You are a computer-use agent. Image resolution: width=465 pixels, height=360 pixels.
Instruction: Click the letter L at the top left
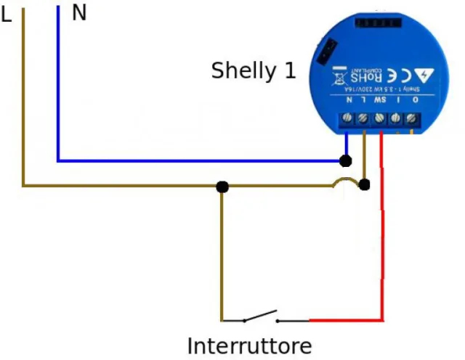pyautogui.click(x=7, y=15)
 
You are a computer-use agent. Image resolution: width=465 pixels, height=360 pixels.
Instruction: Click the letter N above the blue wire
pyautogui.click(x=79, y=13)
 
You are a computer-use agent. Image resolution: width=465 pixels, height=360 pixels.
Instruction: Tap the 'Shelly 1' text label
pyautogui.click(x=254, y=71)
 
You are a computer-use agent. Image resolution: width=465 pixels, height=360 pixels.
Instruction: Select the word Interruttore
pyautogui.click(x=249, y=345)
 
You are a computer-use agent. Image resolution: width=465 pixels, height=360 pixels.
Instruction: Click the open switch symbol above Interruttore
pyautogui.click(x=259, y=317)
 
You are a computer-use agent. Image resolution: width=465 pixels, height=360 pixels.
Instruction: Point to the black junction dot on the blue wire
pyautogui.click(x=347, y=160)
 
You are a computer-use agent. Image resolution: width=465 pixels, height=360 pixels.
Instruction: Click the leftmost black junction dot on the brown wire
pyautogui.click(x=222, y=187)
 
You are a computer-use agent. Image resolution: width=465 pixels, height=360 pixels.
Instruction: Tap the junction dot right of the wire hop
pyautogui.click(x=365, y=186)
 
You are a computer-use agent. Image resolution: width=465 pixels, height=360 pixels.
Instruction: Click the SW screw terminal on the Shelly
pyautogui.click(x=380, y=118)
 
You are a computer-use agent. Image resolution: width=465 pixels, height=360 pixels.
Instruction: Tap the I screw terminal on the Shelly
pyautogui.click(x=396, y=118)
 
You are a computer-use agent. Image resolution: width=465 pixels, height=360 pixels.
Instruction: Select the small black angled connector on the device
pyautogui.click(x=328, y=50)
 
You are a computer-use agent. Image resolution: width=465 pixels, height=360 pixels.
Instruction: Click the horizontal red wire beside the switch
pyautogui.click(x=346, y=319)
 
